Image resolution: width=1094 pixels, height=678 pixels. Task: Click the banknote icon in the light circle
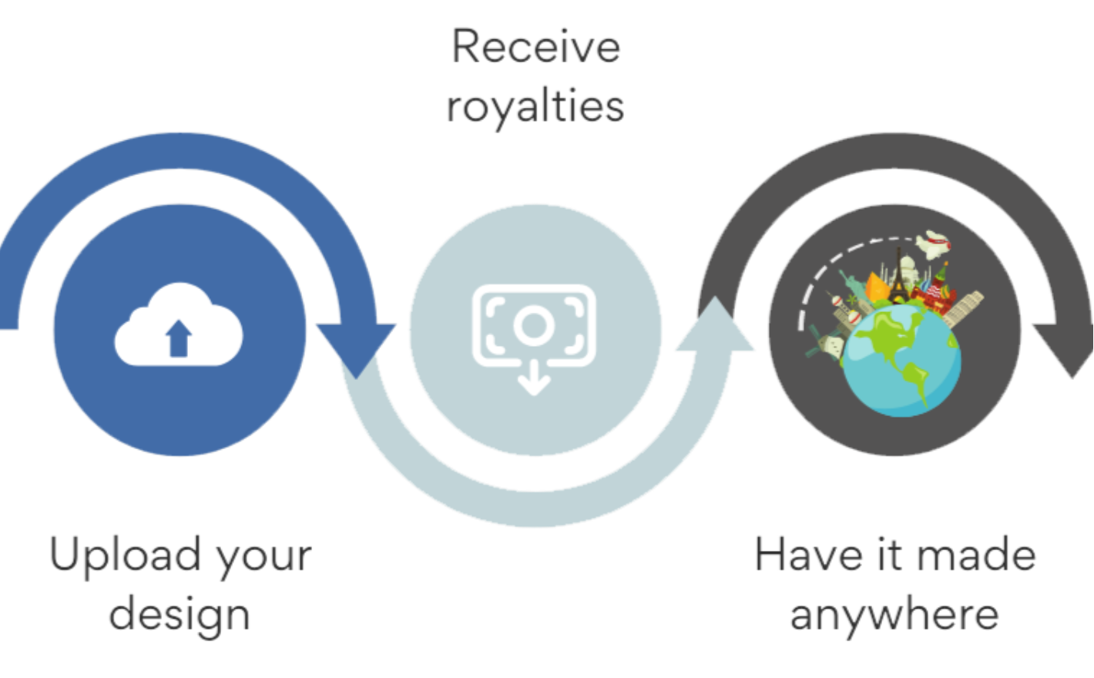point(534,324)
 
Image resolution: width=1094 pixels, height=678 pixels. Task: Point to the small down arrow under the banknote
point(534,379)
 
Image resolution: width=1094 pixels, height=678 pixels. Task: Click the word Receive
point(536,47)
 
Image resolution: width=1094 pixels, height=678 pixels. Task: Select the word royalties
point(535,106)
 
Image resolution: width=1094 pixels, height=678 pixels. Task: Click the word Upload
point(125,555)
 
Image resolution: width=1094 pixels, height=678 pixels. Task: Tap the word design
point(180,614)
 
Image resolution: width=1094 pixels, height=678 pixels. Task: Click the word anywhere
point(894,614)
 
